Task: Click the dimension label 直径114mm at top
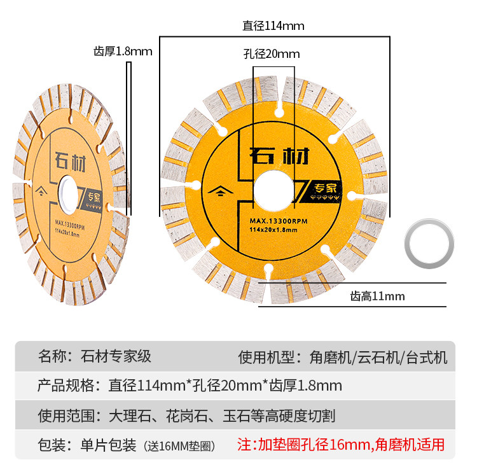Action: point(273,26)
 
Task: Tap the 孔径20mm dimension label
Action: point(271,54)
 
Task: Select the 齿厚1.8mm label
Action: point(123,52)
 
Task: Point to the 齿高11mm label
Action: point(377,296)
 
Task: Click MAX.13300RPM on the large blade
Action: point(274,221)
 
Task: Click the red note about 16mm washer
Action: point(341,444)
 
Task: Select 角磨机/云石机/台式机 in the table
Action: point(379,356)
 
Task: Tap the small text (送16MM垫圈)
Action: point(179,446)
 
